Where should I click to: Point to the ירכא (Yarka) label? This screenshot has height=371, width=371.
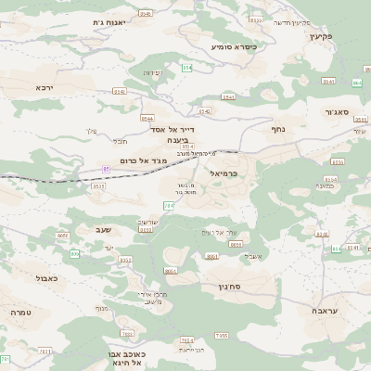pyautogui.click(x=45, y=86)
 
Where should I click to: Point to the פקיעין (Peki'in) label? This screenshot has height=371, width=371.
pyautogui.click(x=334, y=35)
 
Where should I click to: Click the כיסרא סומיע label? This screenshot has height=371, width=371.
pyautogui.click(x=233, y=45)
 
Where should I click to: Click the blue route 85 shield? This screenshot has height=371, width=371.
pyautogui.click(x=107, y=168)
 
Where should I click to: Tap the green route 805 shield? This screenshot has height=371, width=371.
pyautogui.click(x=74, y=252)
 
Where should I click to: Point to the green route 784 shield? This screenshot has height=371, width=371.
pyautogui.click(x=168, y=205)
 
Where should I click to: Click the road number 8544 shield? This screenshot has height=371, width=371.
pyautogui.click(x=148, y=119)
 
